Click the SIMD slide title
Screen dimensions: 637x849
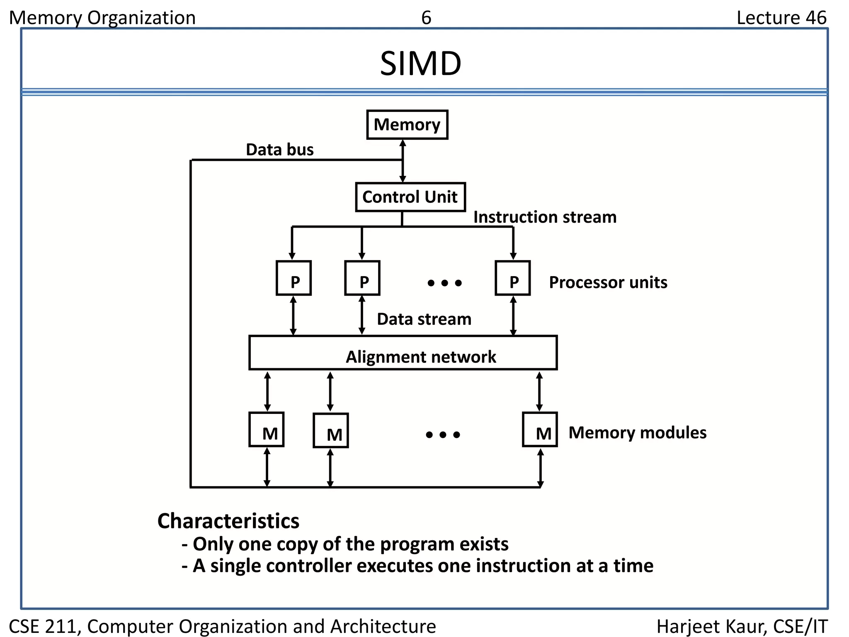click(x=420, y=64)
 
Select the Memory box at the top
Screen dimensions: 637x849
click(x=407, y=124)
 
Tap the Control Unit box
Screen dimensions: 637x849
click(x=410, y=197)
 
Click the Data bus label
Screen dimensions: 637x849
click(x=280, y=150)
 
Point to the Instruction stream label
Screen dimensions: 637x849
click(x=545, y=217)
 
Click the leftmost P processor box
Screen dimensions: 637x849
click(x=294, y=278)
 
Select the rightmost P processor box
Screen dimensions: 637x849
click(x=513, y=278)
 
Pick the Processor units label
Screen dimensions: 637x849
click(x=608, y=282)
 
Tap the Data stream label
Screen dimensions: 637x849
click(x=424, y=319)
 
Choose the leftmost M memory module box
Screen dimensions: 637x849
click(x=267, y=430)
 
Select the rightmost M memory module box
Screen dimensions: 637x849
click(x=540, y=430)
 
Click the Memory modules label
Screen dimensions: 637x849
click(x=637, y=433)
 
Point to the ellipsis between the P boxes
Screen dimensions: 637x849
click(x=444, y=283)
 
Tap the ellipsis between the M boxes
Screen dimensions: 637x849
click(x=443, y=435)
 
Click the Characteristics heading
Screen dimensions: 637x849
click(x=228, y=521)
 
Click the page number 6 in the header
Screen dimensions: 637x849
click(x=426, y=18)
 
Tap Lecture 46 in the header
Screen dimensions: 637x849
click(x=781, y=18)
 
